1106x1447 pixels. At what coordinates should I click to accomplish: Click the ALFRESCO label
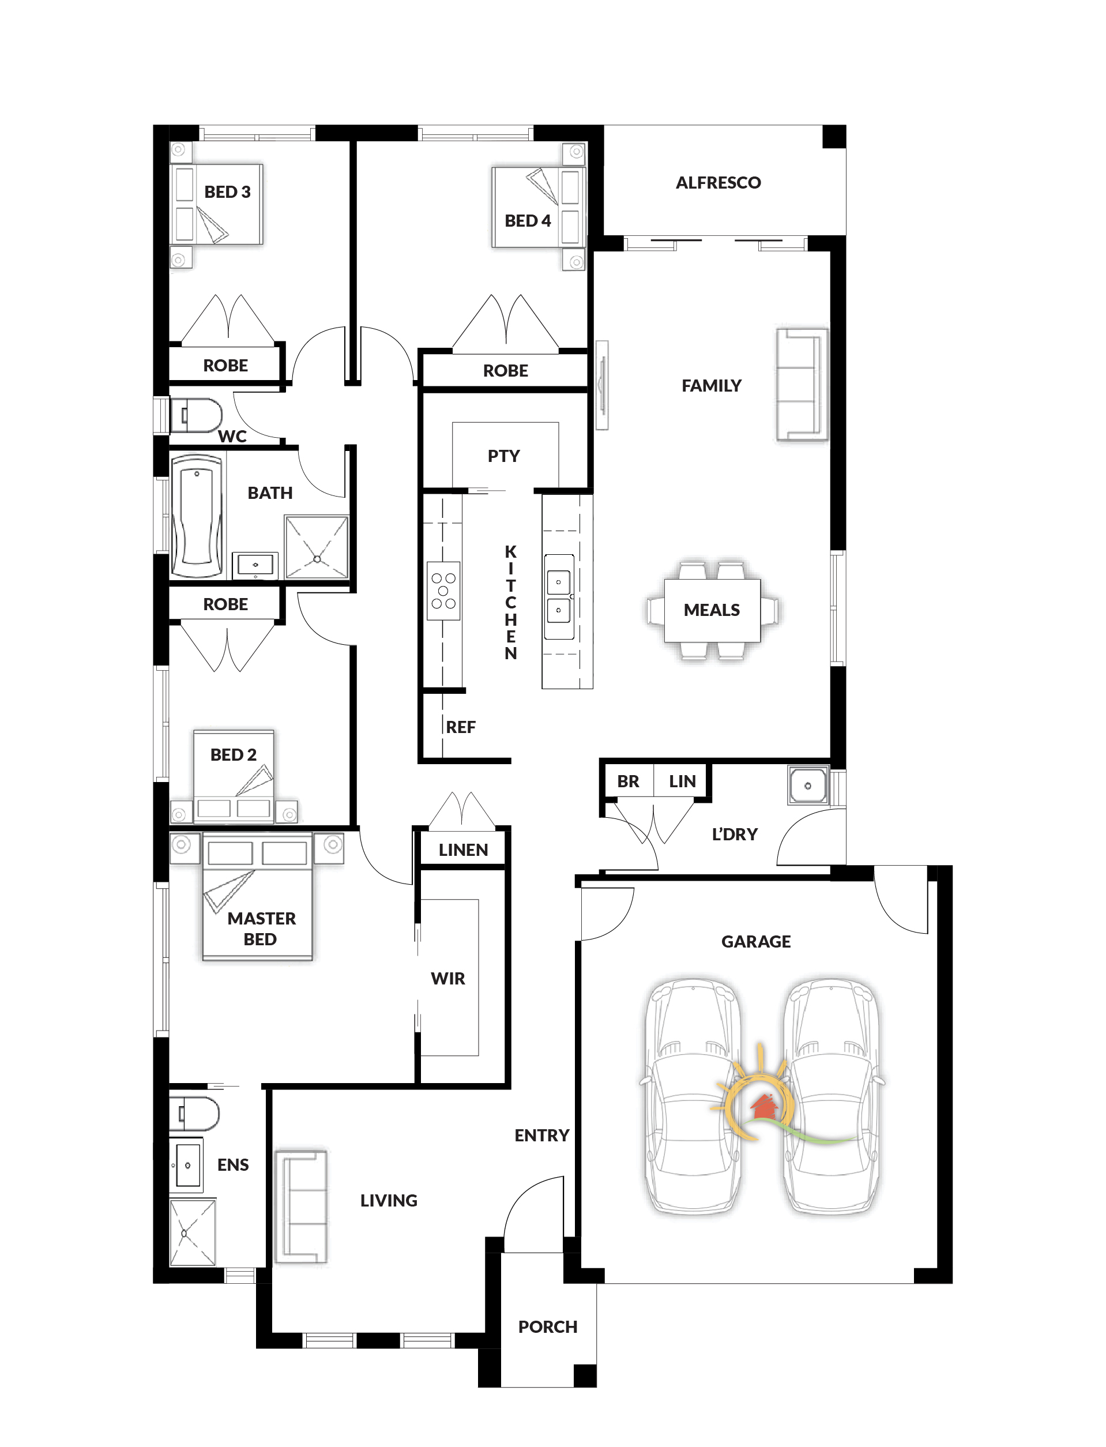coord(718,182)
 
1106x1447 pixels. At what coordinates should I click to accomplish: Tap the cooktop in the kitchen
coord(443,591)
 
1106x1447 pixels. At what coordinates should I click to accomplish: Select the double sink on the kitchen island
coord(559,596)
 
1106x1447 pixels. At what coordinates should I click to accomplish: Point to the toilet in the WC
coord(196,415)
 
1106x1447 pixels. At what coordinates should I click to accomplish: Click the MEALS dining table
coord(712,610)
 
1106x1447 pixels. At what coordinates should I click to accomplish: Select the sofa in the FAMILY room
coord(801,385)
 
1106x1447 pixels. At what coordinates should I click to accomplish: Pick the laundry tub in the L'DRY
coord(808,785)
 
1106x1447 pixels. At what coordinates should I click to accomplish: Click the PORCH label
coord(548,1326)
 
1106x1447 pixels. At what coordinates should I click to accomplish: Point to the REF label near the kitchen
coord(460,727)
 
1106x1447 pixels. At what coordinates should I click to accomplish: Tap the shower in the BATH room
coord(317,547)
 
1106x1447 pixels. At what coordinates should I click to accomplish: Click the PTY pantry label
coord(503,456)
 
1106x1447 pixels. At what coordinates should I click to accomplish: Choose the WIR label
coord(447,978)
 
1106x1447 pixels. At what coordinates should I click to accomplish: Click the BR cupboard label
coord(628,781)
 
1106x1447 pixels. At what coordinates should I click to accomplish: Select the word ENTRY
coord(542,1135)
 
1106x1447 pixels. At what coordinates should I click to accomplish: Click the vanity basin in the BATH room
coord(255,565)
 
